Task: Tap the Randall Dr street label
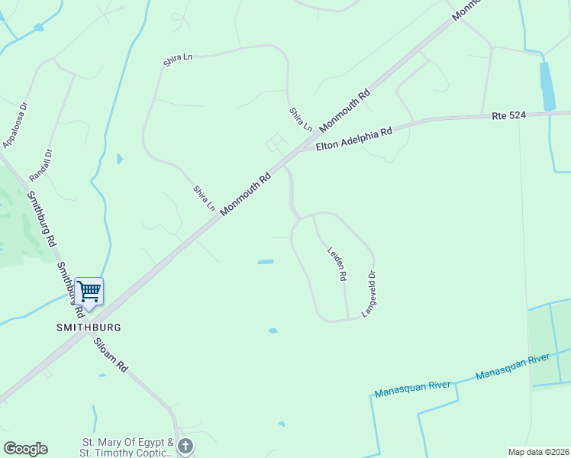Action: click(x=40, y=164)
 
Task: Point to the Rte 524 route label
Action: click(x=510, y=115)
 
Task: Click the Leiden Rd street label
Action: click(x=337, y=263)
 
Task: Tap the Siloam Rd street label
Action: click(x=111, y=355)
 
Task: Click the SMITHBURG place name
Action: click(x=89, y=327)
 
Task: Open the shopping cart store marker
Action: click(x=89, y=292)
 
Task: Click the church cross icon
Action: click(x=185, y=445)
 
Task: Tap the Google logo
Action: click(x=25, y=449)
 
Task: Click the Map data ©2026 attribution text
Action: click(x=538, y=452)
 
